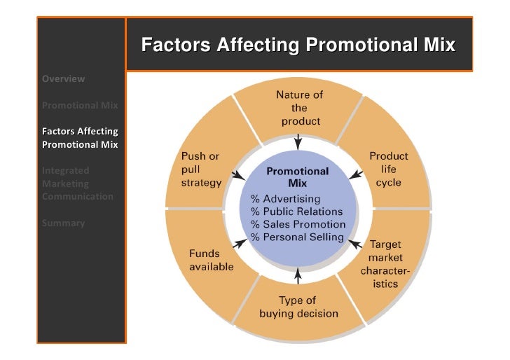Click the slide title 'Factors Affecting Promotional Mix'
[298, 46]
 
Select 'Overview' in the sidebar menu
[63, 78]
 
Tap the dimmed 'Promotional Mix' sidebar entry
[79, 106]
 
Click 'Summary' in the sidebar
[62, 223]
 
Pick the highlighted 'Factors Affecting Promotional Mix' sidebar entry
[79, 138]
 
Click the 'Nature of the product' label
[300, 108]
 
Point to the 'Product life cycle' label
[388, 169]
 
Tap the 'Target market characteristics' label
[385, 265]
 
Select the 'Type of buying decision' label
[299, 307]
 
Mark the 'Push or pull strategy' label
[201, 169]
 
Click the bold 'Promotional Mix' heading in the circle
[298, 176]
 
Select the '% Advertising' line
[285, 200]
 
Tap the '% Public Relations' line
[297, 212]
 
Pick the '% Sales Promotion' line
[298, 224]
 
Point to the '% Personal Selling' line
[297, 237]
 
